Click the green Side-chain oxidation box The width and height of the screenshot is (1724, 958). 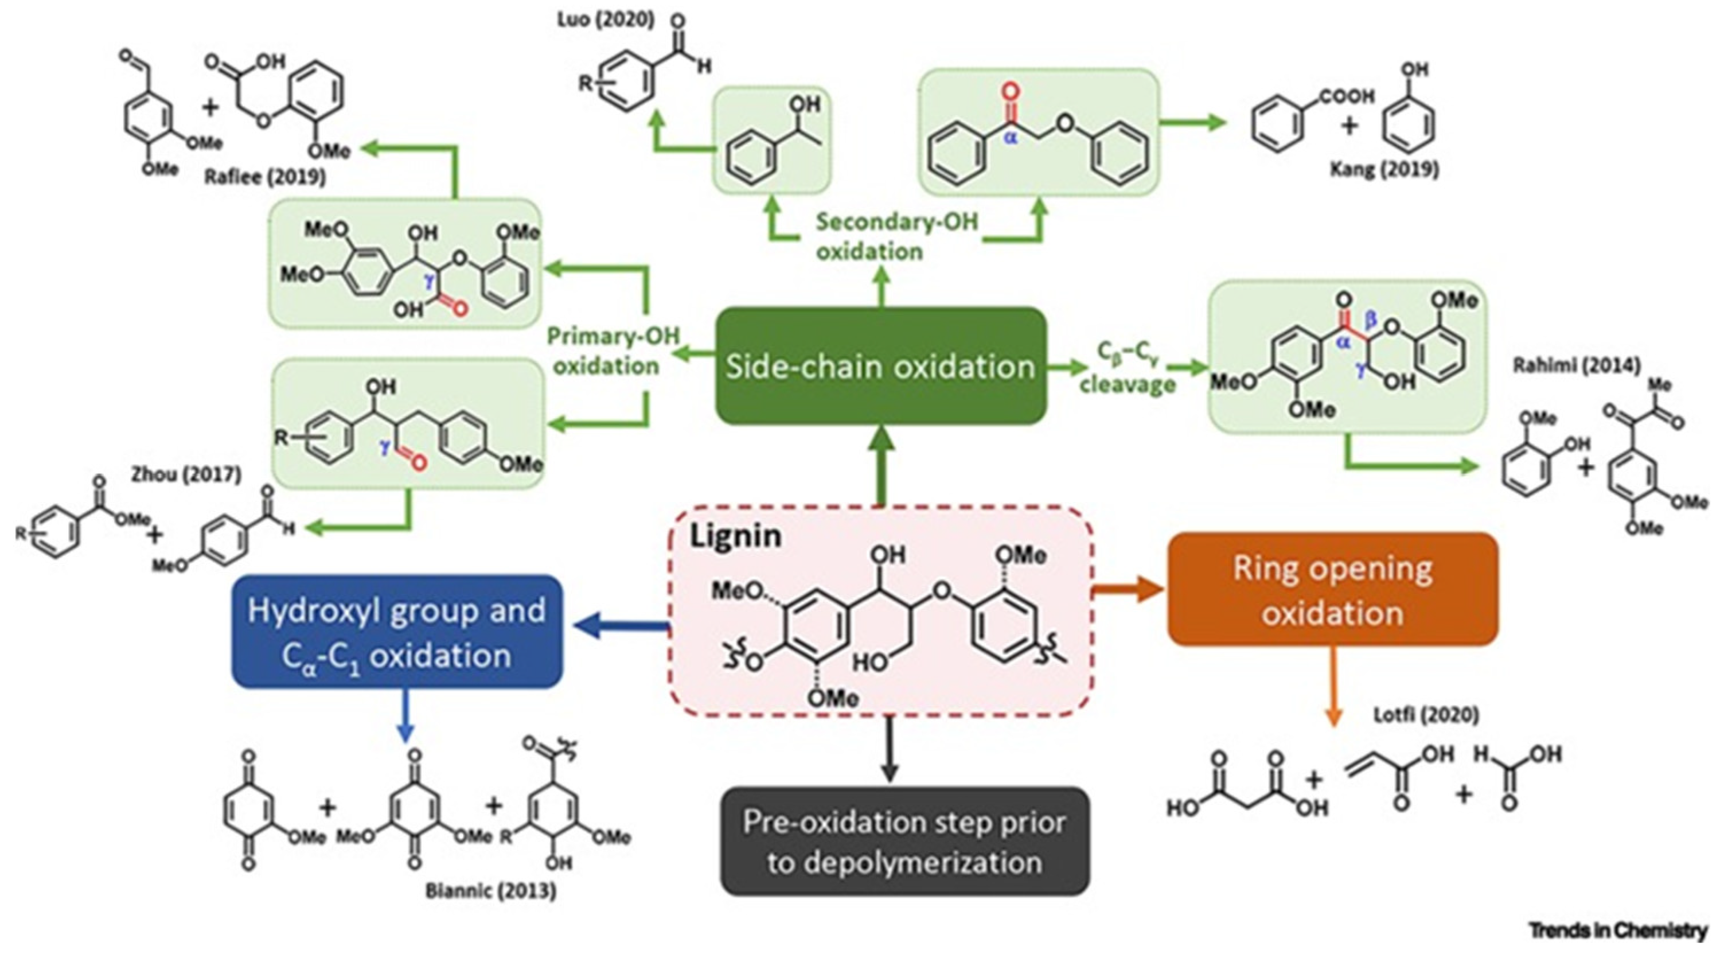tap(881, 365)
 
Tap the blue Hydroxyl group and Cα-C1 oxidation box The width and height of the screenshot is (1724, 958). tap(397, 631)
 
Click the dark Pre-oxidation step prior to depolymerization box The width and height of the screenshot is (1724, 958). tap(905, 841)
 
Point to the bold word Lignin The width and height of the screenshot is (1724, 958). tap(735, 536)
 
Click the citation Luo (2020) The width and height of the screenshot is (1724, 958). tap(606, 20)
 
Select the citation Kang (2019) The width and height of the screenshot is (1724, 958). tap(1384, 169)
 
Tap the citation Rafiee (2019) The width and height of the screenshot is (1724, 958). tap(265, 177)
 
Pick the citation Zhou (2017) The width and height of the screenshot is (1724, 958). tap(186, 474)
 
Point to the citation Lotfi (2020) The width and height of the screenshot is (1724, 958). tap(1426, 715)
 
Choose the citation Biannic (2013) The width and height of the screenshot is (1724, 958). tap(490, 891)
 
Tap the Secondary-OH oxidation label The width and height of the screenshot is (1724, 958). tap(897, 236)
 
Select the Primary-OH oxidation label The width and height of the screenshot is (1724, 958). tap(613, 350)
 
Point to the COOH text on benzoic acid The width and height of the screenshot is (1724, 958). tap(1347, 96)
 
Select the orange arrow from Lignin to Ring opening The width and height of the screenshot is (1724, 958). tap(1128, 590)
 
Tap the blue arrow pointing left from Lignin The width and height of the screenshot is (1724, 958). tap(622, 627)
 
